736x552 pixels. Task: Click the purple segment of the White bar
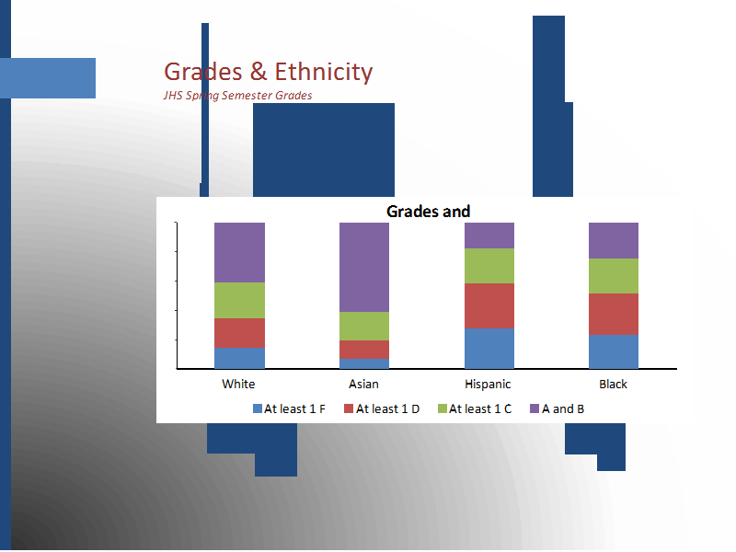coord(239,252)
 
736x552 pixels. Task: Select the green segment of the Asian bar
coord(364,327)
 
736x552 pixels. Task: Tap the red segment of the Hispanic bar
coord(489,306)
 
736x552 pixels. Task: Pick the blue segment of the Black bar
coord(614,351)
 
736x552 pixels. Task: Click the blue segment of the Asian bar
coord(364,363)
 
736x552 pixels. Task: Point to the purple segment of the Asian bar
coord(364,268)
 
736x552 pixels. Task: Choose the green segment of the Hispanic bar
coord(489,266)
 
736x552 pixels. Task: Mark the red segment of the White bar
coord(239,333)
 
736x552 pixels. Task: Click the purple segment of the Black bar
coord(614,241)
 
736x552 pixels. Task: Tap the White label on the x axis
coord(238,384)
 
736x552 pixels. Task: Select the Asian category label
coord(363,384)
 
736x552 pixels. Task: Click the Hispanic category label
coord(488,385)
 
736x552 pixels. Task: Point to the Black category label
coord(613,384)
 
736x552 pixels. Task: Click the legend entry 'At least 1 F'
coord(289,408)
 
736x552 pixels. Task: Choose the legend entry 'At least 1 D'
coord(382,408)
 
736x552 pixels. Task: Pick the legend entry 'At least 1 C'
coord(475,408)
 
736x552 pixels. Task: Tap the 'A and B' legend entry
coord(558,408)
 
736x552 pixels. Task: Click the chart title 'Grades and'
coord(428,212)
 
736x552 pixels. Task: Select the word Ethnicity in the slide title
coord(324,73)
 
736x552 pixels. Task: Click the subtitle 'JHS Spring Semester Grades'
coord(237,96)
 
